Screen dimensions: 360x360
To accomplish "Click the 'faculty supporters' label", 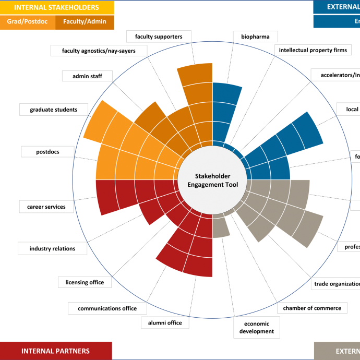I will [159, 37].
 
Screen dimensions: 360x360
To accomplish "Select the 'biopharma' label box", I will [255, 37].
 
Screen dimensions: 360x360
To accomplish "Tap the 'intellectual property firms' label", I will [313, 50].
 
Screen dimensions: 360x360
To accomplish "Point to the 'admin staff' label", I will [87, 76].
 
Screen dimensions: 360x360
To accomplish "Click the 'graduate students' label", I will [54, 110].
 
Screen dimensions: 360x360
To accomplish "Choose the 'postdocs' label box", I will [47, 152].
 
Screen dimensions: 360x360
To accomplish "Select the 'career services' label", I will [46, 207].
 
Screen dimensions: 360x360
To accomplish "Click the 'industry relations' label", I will [52, 248].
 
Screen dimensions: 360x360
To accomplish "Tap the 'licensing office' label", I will [85, 282].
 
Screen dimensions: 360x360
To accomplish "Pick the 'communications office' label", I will [107, 308].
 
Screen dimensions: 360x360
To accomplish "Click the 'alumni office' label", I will [165, 322].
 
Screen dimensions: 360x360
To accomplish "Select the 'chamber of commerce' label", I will [312, 308].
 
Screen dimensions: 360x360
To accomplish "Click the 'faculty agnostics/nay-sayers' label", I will [99, 51].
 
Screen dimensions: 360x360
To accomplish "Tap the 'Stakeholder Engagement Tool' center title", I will [212, 181].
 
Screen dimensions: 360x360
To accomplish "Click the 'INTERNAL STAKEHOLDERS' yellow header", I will [56, 7].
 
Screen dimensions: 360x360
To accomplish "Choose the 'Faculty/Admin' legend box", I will [85, 22].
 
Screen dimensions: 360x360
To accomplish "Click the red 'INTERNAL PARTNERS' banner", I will [56, 351].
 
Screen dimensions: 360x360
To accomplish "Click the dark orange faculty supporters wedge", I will [196, 94].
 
